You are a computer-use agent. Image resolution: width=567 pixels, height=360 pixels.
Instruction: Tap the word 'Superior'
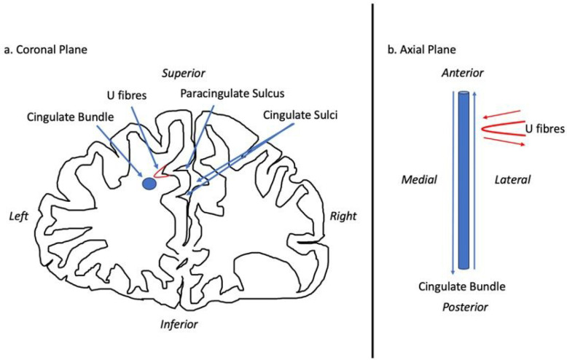pos(184,73)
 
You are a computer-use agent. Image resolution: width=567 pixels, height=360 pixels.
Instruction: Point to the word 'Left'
pos(18,216)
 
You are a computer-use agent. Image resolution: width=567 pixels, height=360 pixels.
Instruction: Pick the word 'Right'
pos(343,216)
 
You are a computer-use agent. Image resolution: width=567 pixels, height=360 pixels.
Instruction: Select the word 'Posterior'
pos(464,308)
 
